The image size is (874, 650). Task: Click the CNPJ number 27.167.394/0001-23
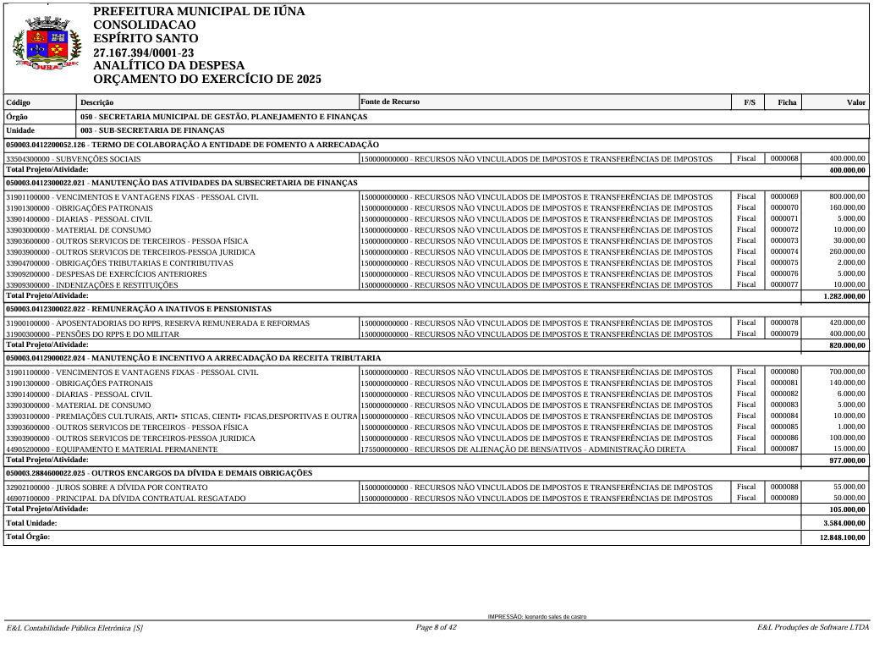click(143, 52)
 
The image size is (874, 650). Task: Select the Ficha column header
click(787, 102)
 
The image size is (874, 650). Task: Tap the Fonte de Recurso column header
click(389, 102)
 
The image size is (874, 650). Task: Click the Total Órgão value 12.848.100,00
click(843, 537)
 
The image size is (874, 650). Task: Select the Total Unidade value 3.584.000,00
click(845, 524)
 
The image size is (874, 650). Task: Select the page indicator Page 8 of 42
click(437, 627)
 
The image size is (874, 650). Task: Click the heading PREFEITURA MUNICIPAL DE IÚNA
click(199, 12)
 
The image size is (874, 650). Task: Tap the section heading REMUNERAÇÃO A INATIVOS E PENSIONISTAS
click(181, 309)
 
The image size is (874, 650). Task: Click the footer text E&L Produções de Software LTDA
click(812, 627)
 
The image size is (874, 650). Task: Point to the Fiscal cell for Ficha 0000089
click(746, 498)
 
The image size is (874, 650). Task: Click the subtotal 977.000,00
click(849, 460)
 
